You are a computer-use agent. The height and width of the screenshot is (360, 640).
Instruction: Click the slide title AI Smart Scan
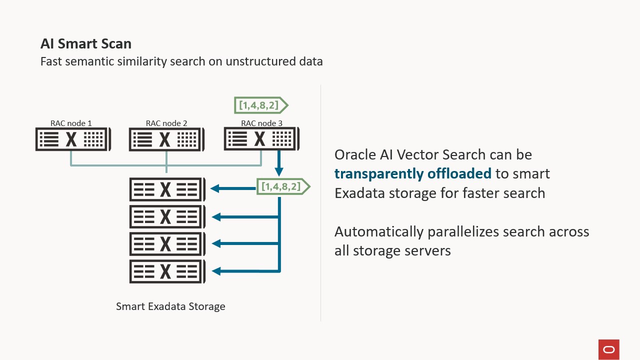[x=85, y=44]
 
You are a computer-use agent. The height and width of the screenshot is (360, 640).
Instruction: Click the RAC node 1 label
[x=71, y=123]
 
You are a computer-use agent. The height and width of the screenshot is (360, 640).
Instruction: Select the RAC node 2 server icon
[x=166, y=139]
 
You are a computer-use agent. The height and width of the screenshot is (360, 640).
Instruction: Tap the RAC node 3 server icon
[x=261, y=139]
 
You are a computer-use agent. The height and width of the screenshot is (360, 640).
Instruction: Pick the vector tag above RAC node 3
[x=260, y=105]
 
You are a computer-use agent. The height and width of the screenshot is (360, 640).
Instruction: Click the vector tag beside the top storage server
[x=282, y=187]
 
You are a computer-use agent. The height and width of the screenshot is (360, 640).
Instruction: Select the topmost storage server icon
[x=167, y=189]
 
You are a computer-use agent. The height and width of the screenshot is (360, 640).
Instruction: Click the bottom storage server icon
[x=167, y=271]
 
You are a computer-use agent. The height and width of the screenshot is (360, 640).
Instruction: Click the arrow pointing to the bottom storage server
[x=245, y=271]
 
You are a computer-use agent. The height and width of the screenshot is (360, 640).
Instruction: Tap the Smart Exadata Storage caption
[x=170, y=306]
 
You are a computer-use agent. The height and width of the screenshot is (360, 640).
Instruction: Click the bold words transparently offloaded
[x=413, y=173]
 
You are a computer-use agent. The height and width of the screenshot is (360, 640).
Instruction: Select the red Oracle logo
[x=608, y=349]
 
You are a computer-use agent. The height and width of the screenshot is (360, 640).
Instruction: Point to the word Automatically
[x=379, y=232]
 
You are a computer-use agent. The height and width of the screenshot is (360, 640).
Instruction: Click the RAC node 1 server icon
[x=72, y=139]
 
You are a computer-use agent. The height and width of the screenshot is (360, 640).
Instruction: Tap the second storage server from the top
[x=167, y=216]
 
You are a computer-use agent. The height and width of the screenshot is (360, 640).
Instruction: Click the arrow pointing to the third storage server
[x=245, y=244]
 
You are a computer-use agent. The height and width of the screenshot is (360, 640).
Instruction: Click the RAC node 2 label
[x=166, y=123]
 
